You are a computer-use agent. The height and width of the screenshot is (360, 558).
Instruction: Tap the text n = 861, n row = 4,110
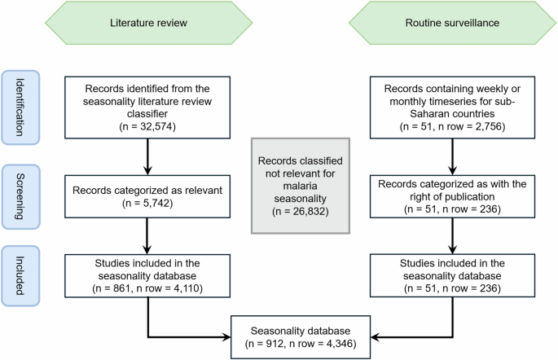pyautogui.click(x=148, y=288)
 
